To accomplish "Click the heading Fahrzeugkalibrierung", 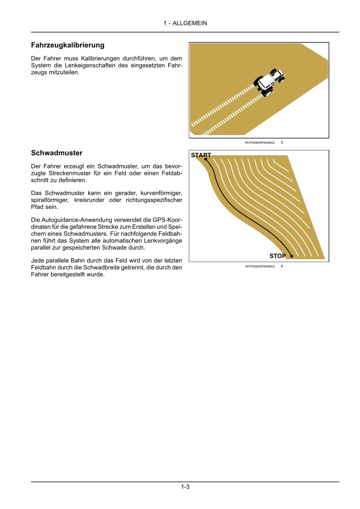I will [x=68, y=45].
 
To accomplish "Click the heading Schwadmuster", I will [x=57, y=153].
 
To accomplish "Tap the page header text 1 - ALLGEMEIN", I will [x=185, y=23].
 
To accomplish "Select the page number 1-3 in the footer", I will [x=185, y=487].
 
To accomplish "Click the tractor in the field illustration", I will [x=269, y=82].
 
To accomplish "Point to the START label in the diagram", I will [x=201, y=155].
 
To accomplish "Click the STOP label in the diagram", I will [x=277, y=256].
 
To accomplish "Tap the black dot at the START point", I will [x=206, y=159].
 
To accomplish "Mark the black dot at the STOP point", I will [x=292, y=256].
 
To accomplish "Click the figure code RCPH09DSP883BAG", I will [x=260, y=143].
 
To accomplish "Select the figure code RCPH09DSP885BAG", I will [x=260, y=266].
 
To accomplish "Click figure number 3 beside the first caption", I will [x=282, y=142].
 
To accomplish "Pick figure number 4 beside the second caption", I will [x=282, y=266].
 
